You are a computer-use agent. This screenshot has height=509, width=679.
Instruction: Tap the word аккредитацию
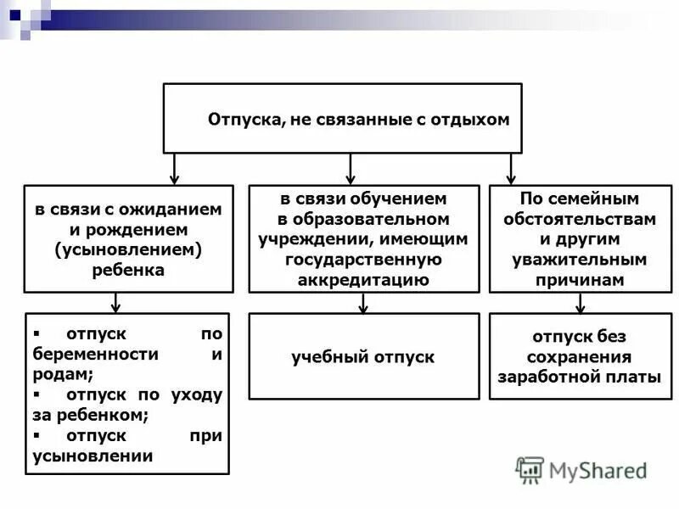[363, 280]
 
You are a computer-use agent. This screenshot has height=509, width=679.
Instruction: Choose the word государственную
[363, 260]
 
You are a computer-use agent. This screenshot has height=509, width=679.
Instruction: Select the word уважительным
[580, 260]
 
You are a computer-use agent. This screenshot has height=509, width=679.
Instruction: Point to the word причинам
[580, 280]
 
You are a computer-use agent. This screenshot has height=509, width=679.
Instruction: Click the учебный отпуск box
[363, 357]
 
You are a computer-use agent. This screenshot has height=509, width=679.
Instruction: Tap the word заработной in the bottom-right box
[543, 378]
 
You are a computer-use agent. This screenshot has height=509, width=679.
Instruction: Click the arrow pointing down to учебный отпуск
[363, 303]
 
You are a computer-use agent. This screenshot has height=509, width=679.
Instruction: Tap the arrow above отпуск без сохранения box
[580, 303]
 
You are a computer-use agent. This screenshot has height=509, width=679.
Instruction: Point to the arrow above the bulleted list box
[117, 303]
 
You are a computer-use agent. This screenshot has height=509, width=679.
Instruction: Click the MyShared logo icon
[530, 470]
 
